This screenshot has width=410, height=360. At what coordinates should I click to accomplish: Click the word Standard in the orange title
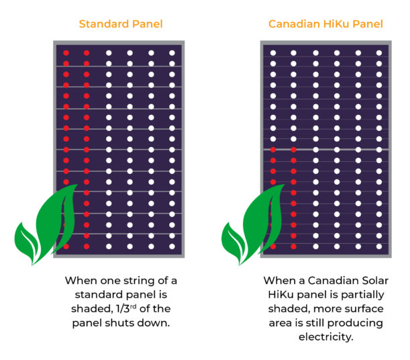coord(104,24)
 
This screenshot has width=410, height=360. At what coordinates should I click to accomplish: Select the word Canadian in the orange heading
coord(294,24)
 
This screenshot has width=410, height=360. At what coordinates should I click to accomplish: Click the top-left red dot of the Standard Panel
coord(66,53)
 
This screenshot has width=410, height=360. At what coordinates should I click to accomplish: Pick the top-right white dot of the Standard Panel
coord(172,53)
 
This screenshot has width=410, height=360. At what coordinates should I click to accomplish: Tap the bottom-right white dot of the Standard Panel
coord(172,246)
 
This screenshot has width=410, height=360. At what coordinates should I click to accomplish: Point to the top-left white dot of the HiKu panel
coord(273,53)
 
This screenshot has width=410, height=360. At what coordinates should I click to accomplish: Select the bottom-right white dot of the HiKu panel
coord(379,246)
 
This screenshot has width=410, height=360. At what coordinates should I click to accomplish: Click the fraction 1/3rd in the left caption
coord(126,309)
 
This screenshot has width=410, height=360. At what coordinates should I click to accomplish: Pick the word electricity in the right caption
coord(326,337)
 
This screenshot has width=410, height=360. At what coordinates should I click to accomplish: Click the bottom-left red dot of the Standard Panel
coord(66,246)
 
